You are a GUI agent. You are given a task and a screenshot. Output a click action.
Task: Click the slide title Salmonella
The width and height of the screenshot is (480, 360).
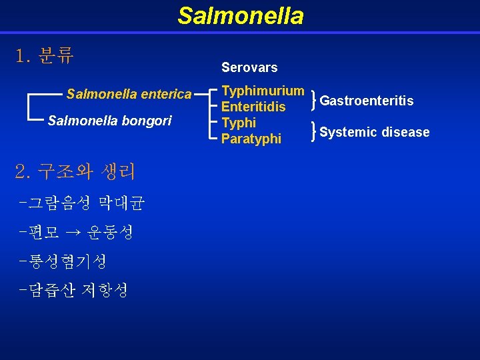point(240,15)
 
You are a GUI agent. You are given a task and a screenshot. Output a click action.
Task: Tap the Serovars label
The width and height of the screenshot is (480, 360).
point(249,67)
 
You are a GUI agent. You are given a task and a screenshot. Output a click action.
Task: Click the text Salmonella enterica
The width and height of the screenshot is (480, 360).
point(129,94)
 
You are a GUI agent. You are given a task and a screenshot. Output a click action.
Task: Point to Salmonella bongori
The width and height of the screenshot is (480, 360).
point(109,121)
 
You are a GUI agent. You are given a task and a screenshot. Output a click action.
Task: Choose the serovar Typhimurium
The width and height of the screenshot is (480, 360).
point(263,91)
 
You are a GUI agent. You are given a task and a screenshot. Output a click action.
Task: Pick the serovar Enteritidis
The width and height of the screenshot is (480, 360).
point(253,107)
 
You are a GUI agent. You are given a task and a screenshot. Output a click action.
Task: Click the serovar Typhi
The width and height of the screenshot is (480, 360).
point(238,123)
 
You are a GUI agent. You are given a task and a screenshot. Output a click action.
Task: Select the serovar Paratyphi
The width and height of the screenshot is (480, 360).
point(251,139)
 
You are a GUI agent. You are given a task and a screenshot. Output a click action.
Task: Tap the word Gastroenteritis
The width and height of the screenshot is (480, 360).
point(367,101)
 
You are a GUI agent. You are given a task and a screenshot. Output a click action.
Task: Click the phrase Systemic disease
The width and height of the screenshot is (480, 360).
point(374,132)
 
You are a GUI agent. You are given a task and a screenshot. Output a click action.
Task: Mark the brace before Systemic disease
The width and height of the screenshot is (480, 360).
point(313,132)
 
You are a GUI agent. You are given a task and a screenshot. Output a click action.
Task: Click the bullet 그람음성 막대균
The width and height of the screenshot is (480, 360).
point(81,202)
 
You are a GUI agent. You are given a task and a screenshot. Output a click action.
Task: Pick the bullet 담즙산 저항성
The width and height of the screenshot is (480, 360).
point(74,290)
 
